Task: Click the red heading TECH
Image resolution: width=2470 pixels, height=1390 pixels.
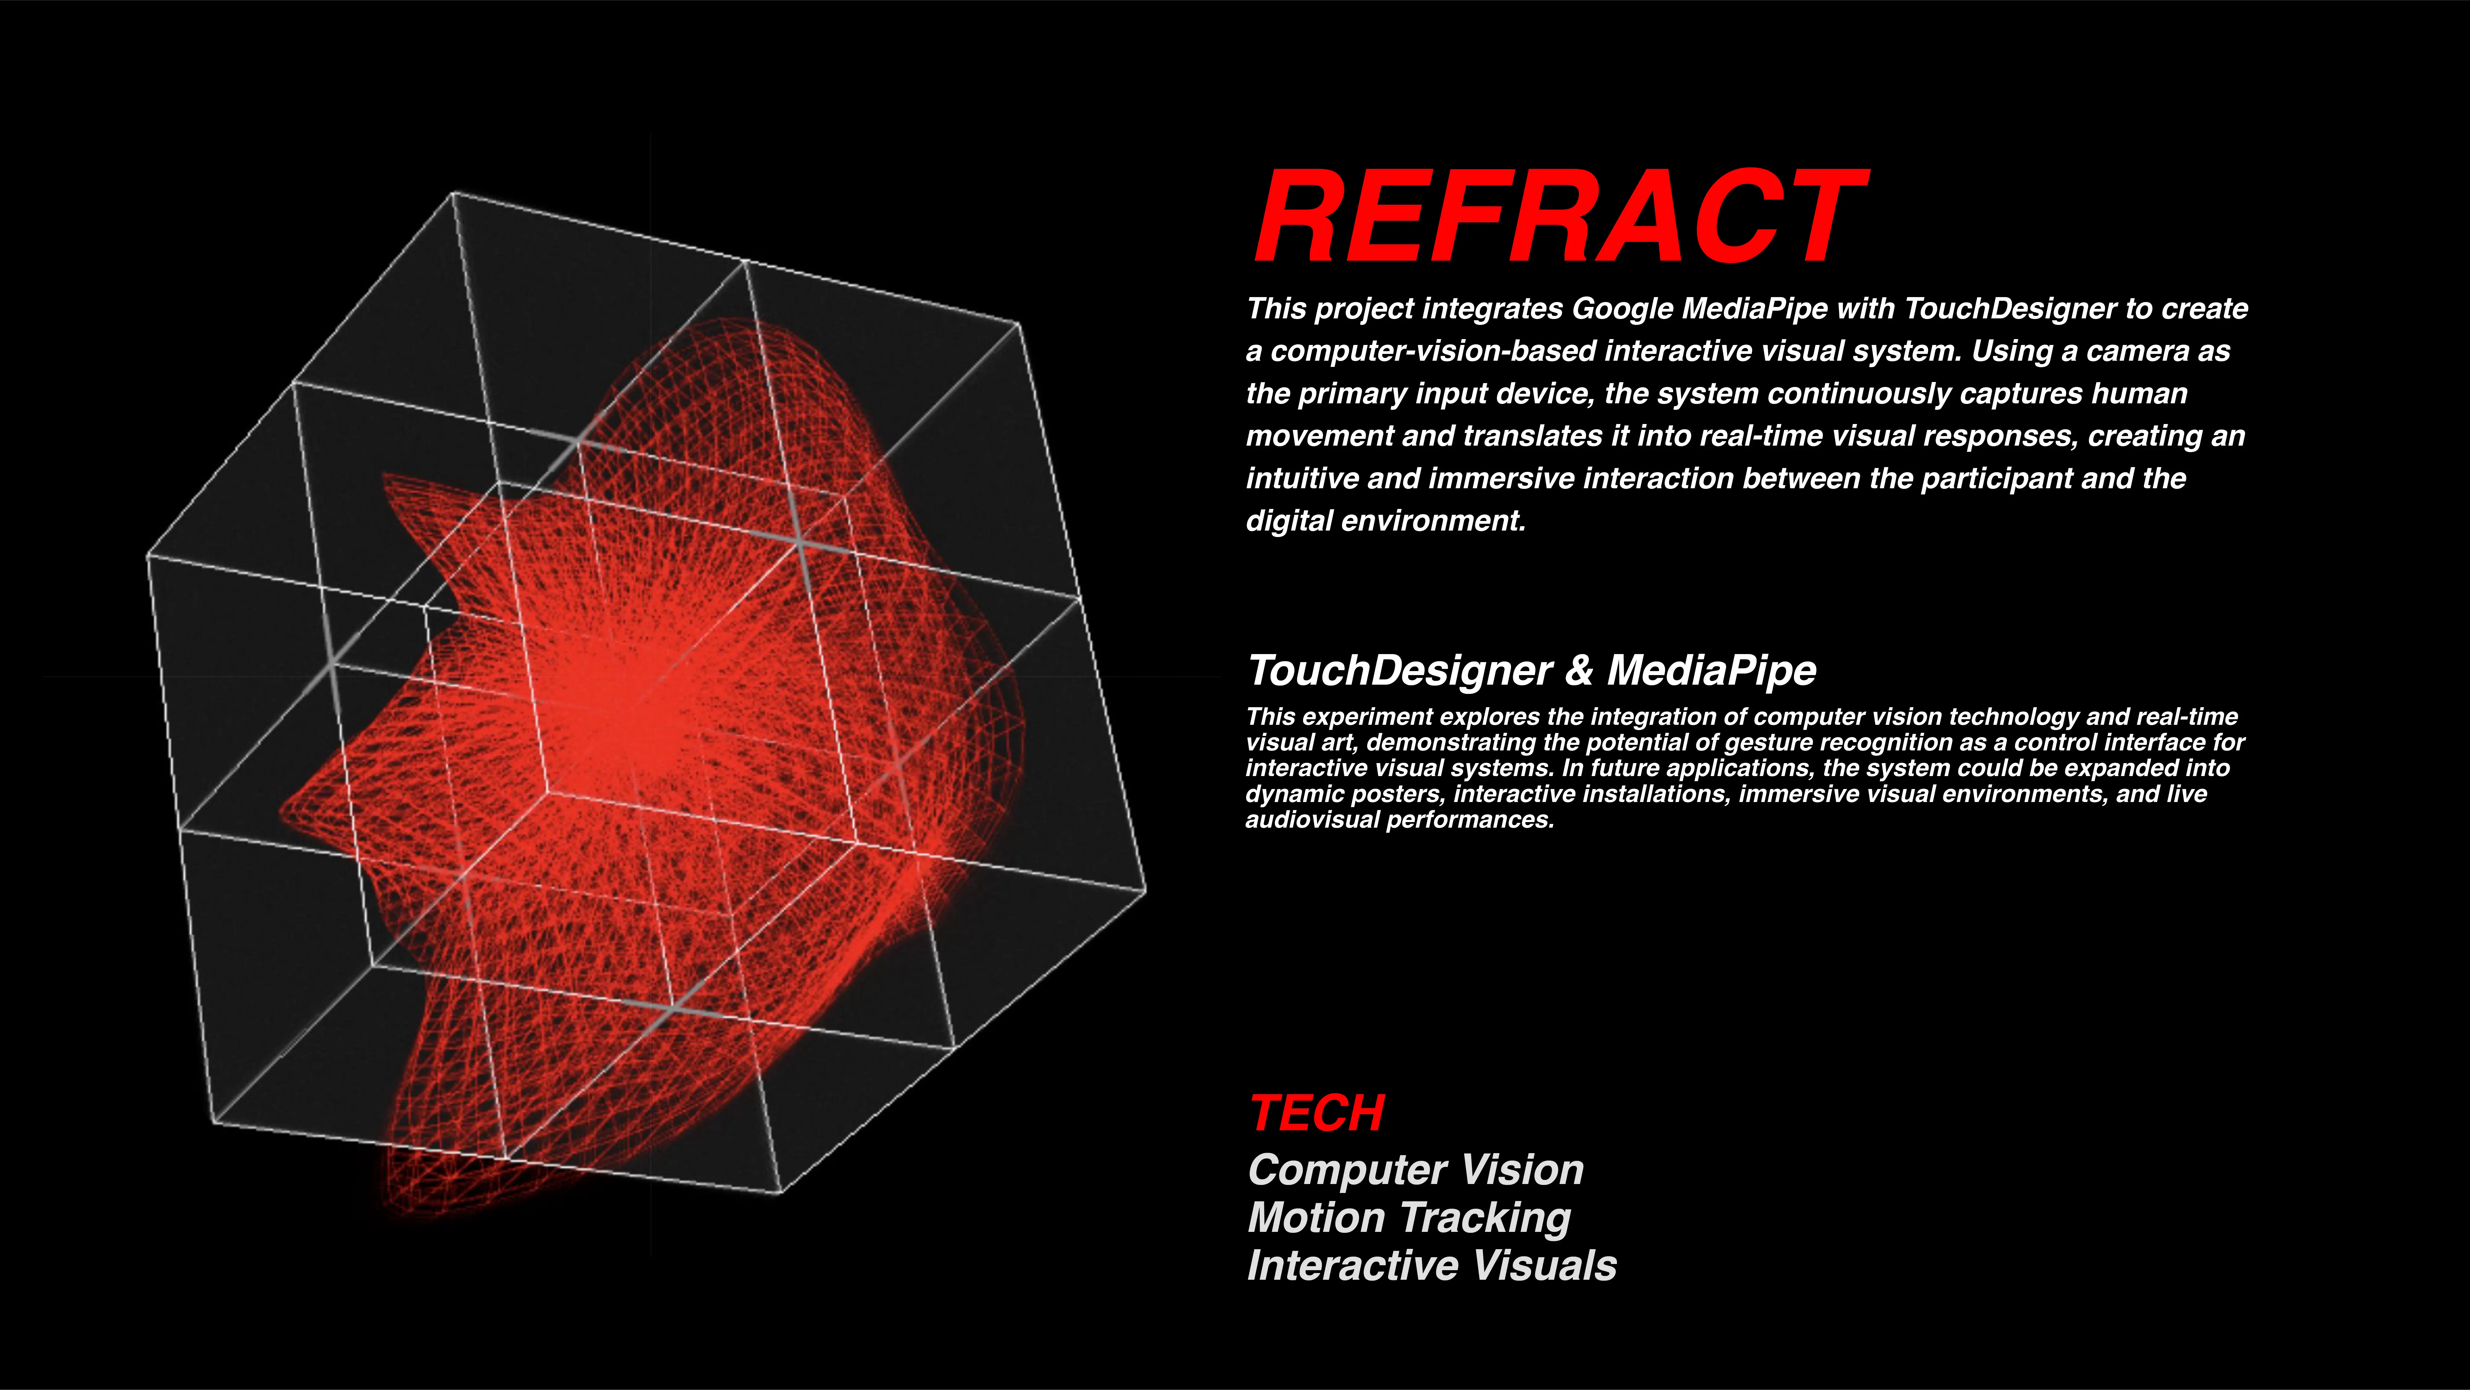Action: pos(1317,1114)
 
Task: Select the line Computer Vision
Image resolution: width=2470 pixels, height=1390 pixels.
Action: pos(1415,1170)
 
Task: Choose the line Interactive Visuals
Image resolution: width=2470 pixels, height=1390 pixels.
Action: pos(1432,1265)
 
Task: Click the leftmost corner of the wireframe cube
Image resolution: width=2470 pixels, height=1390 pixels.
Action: pos(148,556)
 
